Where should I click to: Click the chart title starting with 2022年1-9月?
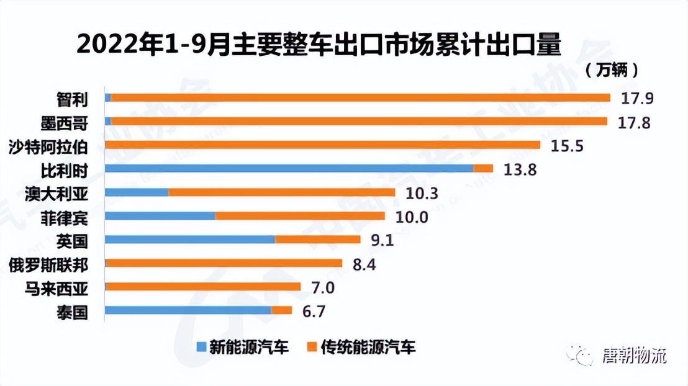(x=319, y=45)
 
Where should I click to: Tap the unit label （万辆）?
(x=611, y=70)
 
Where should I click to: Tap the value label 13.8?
(x=520, y=169)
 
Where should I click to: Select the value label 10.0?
(x=412, y=217)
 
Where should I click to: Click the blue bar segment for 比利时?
(x=289, y=168)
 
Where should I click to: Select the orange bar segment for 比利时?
(x=483, y=168)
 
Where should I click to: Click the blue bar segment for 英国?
(x=190, y=240)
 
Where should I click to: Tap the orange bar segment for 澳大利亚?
(x=281, y=192)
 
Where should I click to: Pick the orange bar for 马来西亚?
(x=204, y=287)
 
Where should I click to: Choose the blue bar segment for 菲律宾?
(x=160, y=216)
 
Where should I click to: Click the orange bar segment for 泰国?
(x=281, y=310)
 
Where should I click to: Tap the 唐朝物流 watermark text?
(x=634, y=356)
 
